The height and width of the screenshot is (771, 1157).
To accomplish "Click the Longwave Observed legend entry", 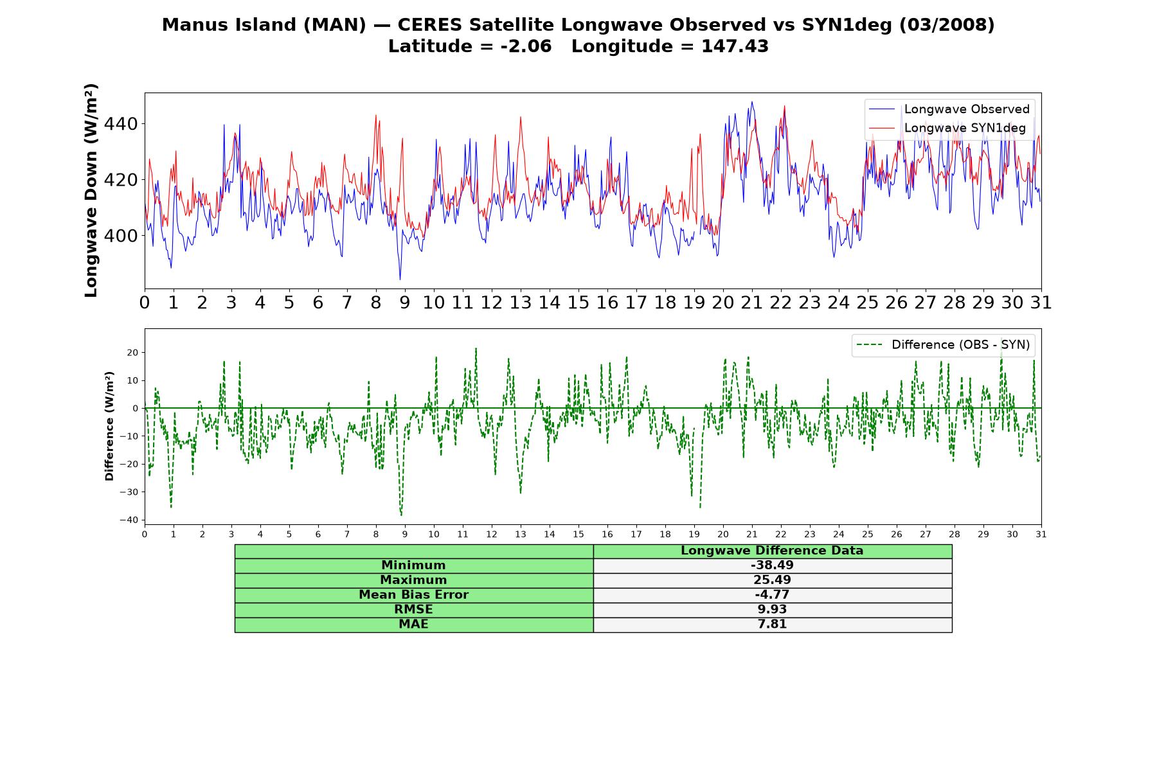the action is click(x=949, y=109).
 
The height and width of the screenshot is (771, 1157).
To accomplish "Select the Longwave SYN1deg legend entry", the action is click(x=947, y=128).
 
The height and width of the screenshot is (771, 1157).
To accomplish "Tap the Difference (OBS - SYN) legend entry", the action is click(x=944, y=345).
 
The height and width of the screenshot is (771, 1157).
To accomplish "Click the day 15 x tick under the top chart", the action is click(x=578, y=303).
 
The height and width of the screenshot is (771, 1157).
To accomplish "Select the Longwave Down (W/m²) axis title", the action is click(x=91, y=190).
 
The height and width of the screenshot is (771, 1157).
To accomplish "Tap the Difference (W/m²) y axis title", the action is click(x=109, y=426).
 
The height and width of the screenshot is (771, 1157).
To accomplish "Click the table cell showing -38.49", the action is click(x=772, y=565).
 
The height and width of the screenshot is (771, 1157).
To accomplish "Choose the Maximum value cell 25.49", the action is click(x=772, y=580).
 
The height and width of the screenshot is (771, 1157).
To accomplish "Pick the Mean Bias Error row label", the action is click(x=413, y=595).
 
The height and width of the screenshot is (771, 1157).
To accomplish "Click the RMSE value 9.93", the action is click(x=772, y=610).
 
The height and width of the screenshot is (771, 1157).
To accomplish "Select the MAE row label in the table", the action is click(x=413, y=625).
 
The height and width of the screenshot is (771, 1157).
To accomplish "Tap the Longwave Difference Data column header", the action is click(x=772, y=551).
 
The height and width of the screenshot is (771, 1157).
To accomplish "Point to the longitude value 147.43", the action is click(x=735, y=46).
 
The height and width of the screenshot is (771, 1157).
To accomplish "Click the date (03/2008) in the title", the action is click(x=947, y=25).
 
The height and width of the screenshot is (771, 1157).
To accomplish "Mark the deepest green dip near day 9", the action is click(x=401, y=515).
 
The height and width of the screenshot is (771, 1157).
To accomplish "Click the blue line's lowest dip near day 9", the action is click(x=400, y=279).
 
